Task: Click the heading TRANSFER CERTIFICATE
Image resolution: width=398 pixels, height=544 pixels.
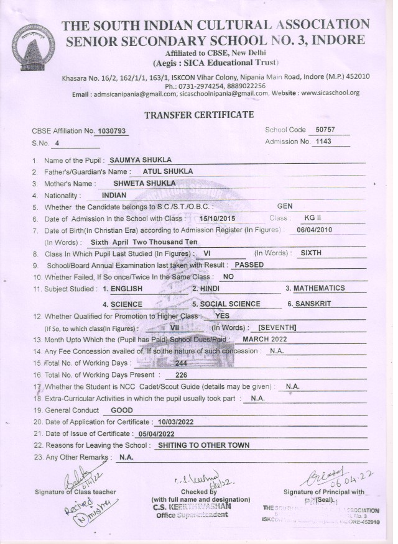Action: pyautogui.click(x=199, y=115)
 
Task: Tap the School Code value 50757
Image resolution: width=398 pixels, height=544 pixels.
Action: pyautogui.click(x=326, y=130)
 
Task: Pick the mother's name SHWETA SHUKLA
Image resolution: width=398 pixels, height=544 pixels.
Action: pyautogui.click(x=144, y=183)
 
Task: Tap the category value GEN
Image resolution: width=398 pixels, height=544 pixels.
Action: pyautogui.click(x=285, y=206)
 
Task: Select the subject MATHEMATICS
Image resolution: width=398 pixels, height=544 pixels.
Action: pyautogui.click(x=319, y=288)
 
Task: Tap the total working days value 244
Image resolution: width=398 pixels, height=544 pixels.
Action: pyautogui.click(x=182, y=363)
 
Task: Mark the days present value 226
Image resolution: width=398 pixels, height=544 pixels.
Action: pyautogui.click(x=182, y=374)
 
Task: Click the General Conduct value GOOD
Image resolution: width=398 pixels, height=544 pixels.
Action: pyautogui.click(x=121, y=410)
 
